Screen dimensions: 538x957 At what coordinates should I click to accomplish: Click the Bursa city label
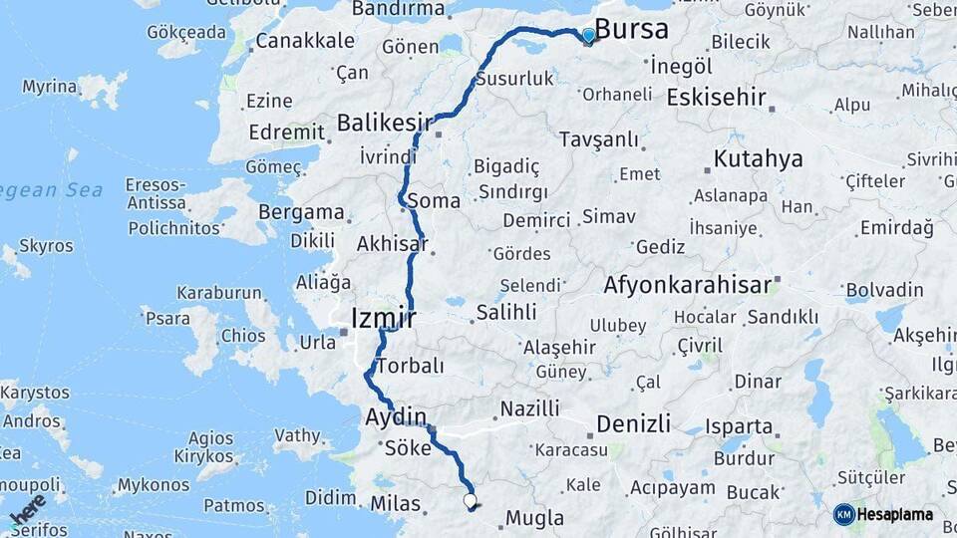[x=631, y=29]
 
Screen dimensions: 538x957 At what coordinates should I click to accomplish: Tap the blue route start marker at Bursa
[x=588, y=36]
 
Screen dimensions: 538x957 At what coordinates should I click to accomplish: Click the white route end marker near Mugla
[x=470, y=500]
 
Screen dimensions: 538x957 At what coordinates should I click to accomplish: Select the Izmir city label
[x=383, y=319]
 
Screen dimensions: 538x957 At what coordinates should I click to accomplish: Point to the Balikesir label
[x=385, y=123]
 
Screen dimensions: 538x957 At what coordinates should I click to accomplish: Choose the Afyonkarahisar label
[x=687, y=285]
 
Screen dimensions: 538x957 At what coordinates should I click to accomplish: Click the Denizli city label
[x=633, y=423]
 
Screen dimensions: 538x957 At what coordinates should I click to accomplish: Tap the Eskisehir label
[x=716, y=98]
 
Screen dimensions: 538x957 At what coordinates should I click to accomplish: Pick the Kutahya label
[x=758, y=159]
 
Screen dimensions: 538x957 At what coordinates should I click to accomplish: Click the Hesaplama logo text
[x=895, y=514]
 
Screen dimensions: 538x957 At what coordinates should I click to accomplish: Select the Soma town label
[x=434, y=201]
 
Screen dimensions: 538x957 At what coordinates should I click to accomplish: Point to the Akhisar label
[x=392, y=244]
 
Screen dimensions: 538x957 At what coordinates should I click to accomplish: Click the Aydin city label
[x=396, y=416]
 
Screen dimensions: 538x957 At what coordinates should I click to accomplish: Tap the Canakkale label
[x=305, y=41]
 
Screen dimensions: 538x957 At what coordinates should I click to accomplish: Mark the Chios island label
[x=242, y=336]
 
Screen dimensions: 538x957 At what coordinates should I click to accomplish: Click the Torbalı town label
[x=410, y=366]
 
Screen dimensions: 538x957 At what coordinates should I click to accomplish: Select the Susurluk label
[x=514, y=78]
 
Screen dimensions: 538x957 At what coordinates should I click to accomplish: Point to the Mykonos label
[x=153, y=485]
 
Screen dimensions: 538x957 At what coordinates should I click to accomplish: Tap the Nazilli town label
[x=529, y=408]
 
